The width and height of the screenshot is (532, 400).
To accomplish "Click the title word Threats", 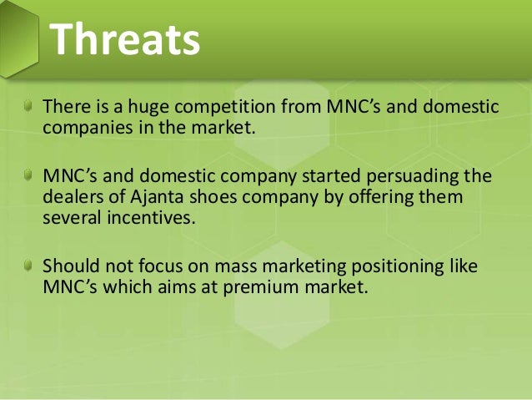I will [124, 39].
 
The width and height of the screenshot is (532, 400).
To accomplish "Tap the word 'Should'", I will [68, 266].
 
